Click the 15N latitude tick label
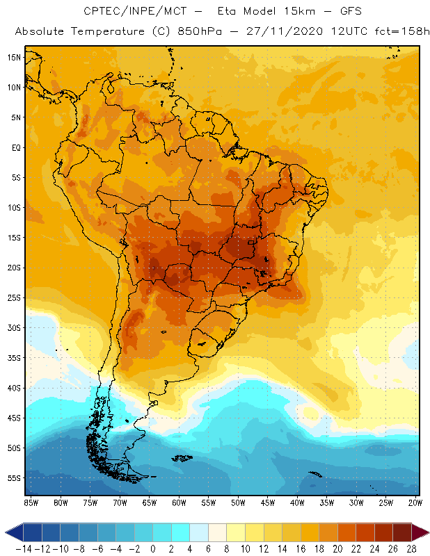click(15, 57)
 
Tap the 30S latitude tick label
click(15, 327)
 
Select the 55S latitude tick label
click(15, 478)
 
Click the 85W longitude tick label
click(31, 502)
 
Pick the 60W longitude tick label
click(180, 502)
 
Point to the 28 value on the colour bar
click(411, 548)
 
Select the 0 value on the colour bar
click(153, 548)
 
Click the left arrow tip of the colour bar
click(6, 532)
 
